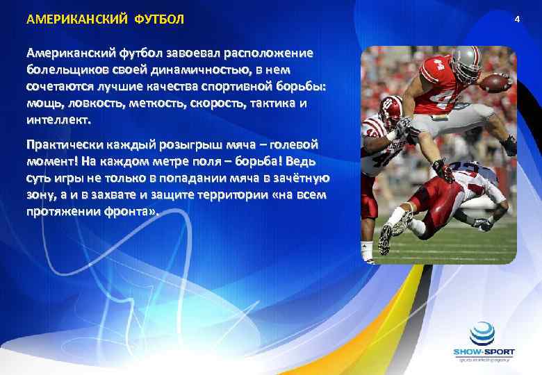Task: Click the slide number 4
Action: pos(517,19)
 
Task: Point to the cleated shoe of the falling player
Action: pos(386,238)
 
